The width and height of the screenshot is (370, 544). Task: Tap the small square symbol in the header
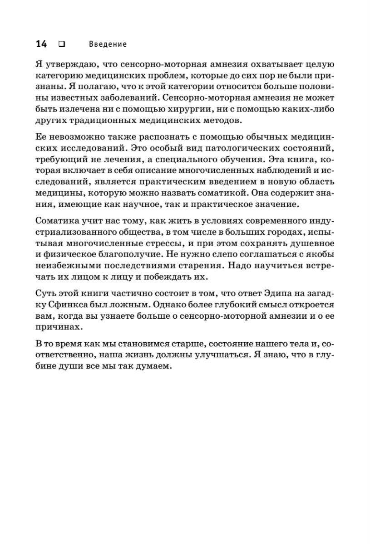tap(61, 44)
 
